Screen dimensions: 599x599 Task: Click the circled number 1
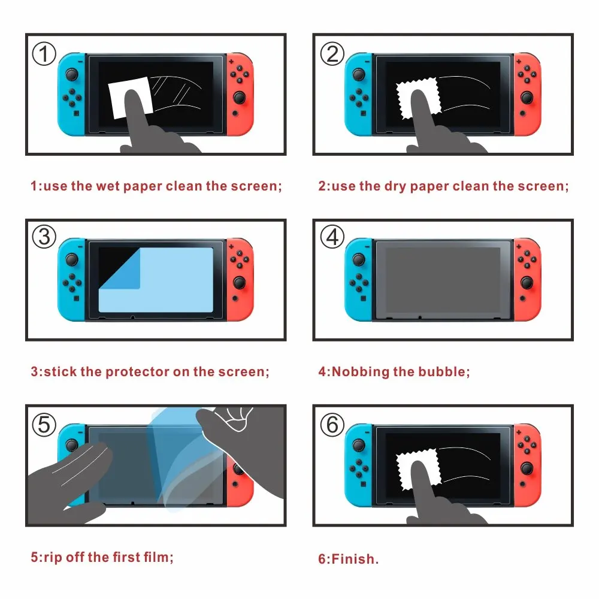click(x=43, y=55)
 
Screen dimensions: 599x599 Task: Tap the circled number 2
click(x=332, y=55)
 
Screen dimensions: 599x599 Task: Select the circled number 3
click(x=43, y=237)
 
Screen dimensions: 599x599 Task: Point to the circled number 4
click(x=332, y=237)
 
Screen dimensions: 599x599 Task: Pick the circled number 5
click(x=43, y=425)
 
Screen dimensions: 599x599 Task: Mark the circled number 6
click(x=332, y=425)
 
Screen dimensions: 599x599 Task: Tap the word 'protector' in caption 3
click(x=137, y=372)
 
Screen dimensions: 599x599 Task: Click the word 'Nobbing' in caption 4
click(x=360, y=372)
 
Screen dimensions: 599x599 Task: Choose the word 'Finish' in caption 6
click(x=354, y=560)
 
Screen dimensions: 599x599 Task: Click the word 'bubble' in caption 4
click(x=444, y=372)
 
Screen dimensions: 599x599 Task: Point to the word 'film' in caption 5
click(x=157, y=558)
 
